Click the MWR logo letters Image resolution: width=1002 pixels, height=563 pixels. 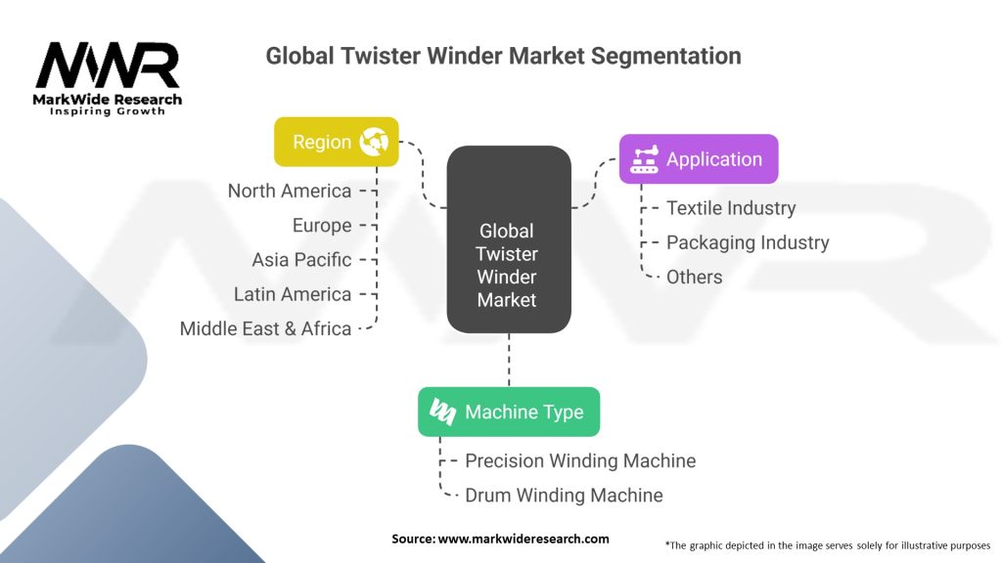coord(108,65)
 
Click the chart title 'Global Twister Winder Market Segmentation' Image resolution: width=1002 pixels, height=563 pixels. coord(503,56)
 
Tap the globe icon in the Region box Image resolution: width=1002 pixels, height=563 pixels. coord(374,142)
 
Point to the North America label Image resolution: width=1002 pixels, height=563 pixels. coord(289,191)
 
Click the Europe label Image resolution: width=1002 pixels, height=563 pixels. coord(321,226)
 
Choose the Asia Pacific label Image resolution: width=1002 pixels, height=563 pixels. coord(300,260)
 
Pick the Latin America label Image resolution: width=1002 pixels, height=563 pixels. coord(292,294)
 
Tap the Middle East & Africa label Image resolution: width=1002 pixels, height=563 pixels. coord(265,329)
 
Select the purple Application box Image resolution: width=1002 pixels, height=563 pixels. coord(699,159)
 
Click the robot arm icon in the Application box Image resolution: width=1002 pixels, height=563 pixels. coord(644,159)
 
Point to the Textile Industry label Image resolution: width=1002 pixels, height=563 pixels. coord(730,208)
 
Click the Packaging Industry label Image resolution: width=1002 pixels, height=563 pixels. coord(747,242)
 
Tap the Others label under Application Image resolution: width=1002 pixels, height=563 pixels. coord(694,277)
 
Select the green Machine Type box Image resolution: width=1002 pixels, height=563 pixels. coord(508,411)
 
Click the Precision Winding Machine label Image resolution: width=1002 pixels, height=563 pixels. coord(579,460)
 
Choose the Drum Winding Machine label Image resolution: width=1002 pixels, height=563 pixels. coord(563,496)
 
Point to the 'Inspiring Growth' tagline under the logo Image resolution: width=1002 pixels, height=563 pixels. coord(108,111)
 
